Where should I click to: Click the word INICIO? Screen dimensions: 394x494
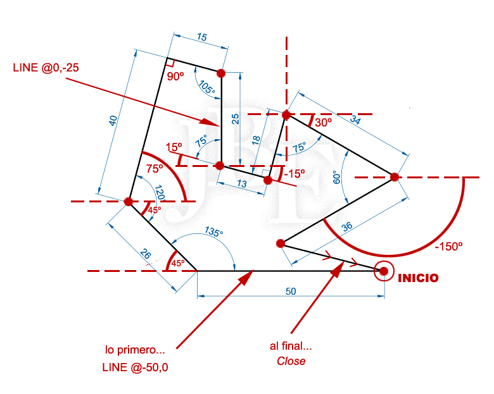tap(417, 278)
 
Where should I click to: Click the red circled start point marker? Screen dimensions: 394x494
tap(384, 271)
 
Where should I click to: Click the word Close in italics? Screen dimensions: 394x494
tap(291, 361)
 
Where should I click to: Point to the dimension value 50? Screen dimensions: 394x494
tap(291, 292)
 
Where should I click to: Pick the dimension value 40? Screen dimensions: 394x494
tap(113, 120)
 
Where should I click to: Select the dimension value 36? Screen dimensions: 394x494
tap(347, 227)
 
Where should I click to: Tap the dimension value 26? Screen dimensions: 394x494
tap(146, 255)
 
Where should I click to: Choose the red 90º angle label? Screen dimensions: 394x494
tap(175, 76)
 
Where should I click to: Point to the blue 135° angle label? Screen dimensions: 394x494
tap(214, 233)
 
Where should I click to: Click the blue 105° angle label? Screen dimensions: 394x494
tap(206, 89)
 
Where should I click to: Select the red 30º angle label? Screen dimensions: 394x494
tap(322, 123)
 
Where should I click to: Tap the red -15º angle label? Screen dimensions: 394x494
tap(294, 173)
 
